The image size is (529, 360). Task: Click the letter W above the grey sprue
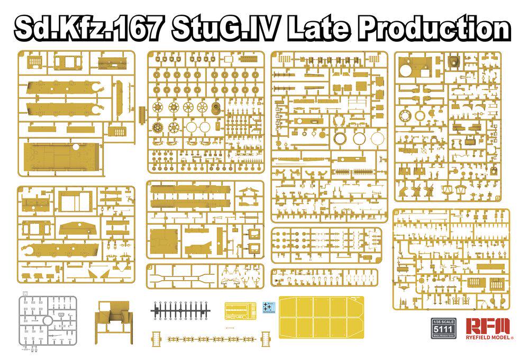click(x=24, y=293)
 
